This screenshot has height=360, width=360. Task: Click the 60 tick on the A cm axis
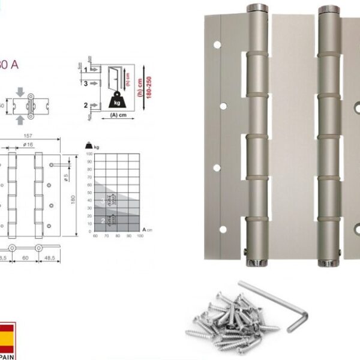click(95, 236)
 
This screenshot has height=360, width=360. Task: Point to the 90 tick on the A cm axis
click(129, 236)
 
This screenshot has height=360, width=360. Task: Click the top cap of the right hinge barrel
click(328, 9)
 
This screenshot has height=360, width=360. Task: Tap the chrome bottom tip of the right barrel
click(328, 263)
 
